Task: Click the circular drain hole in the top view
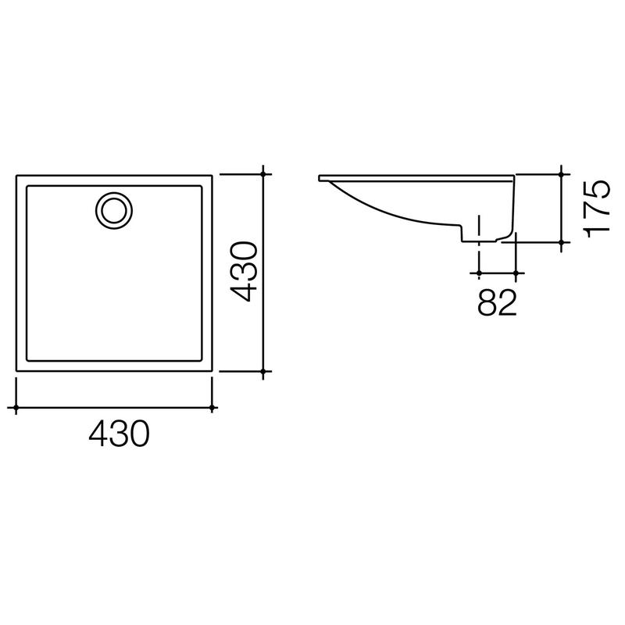pos(115,209)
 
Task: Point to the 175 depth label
pos(597,208)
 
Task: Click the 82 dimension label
pos(497,303)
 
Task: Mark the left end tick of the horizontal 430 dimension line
pos(16,407)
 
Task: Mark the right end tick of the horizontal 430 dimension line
pos(213,407)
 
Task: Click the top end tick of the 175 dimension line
pos(562,175)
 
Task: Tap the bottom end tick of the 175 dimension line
pos(562,242)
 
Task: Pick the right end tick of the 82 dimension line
pos(515,273)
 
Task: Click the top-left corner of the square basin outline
pos(16,176)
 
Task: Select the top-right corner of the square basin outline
pos(212,176)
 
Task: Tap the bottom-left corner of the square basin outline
pos(16,371)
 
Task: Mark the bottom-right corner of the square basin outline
pos(212,371)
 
